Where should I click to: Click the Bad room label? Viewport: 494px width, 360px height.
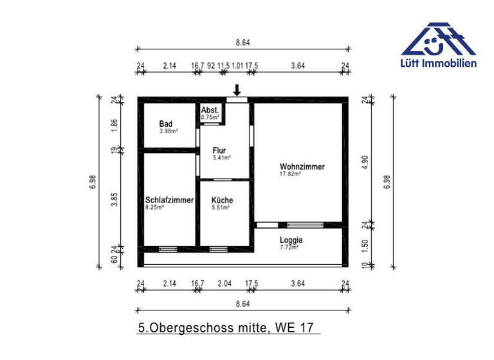[165, 123]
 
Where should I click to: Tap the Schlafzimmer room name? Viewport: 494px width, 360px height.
[169, 200]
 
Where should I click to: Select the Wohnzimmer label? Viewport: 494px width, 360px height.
[302, 166]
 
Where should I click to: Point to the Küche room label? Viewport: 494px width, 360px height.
[223, 200]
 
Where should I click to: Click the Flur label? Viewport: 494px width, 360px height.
[219, 150]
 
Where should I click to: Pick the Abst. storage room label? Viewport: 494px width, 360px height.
[210, 111]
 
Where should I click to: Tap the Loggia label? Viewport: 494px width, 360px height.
[291, 240]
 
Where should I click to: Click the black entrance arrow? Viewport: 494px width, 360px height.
[237, 89]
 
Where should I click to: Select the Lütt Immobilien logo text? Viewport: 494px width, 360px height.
[438, 63]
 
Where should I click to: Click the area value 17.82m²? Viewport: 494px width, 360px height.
[290, 174]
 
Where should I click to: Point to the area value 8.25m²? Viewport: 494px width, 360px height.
[155, 208]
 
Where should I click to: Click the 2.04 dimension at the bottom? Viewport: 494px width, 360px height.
[225, 283]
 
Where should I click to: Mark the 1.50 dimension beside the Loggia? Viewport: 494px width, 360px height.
[365, 245]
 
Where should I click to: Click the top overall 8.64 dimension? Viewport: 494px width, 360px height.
[242, 42]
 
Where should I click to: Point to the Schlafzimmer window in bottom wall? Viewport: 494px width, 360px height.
[167, 249]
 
